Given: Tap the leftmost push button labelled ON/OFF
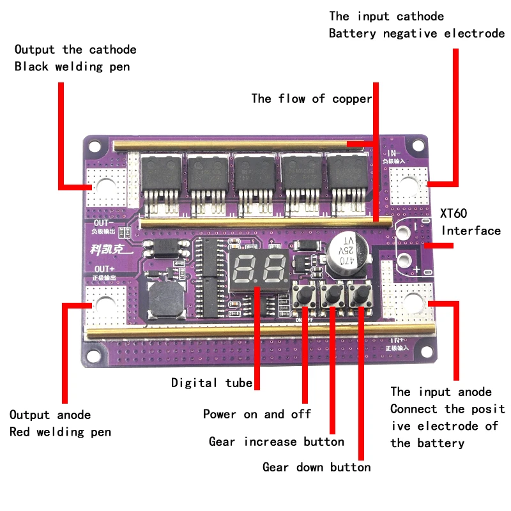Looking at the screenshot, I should pos(305,294).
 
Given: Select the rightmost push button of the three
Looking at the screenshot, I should pos(360,294).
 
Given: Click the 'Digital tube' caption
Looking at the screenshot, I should pos(212,383).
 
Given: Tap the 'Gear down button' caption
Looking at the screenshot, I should pos(316,467).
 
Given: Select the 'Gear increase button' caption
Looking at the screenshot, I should pos(276,441).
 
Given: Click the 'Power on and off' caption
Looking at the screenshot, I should pos(257,414).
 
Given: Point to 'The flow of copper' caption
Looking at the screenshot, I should pos(311,98).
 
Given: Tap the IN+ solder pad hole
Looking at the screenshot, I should pos(412,302).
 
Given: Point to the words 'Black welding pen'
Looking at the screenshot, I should pos(72,66).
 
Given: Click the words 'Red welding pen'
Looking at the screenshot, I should pos(60,432).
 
